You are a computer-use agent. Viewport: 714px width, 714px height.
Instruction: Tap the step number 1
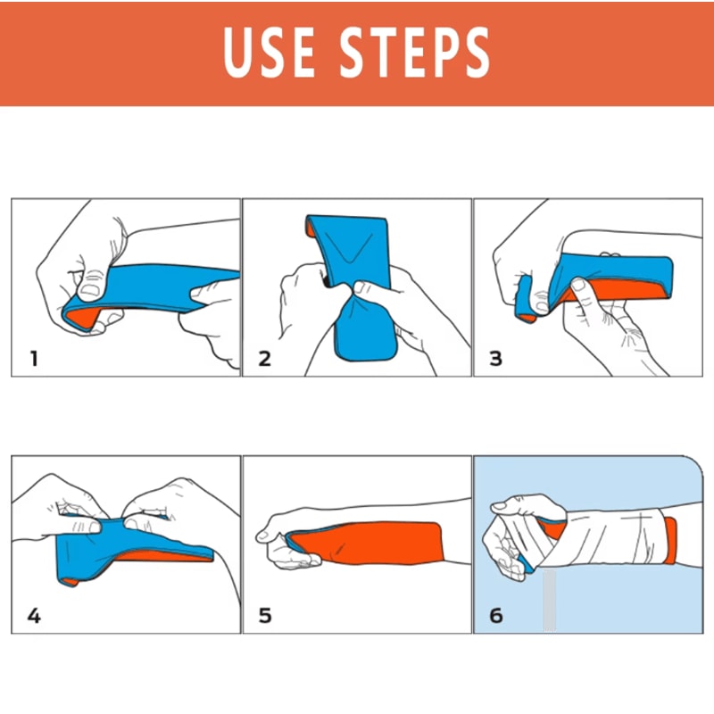(x=34, y=360)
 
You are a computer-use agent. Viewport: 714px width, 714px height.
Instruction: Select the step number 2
(x=264, y=360)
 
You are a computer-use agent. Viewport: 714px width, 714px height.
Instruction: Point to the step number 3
(x=495, y=360)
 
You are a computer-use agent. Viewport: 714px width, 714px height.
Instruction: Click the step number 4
(x=34, y=616)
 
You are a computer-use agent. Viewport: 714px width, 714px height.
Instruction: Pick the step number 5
(x=264, y=616)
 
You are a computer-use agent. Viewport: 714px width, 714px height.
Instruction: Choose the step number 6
(x=495, y=616)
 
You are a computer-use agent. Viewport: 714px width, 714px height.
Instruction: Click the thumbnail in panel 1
(x=91, y=288)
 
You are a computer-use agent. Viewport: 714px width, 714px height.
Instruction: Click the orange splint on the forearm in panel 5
(x=375, y=543)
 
